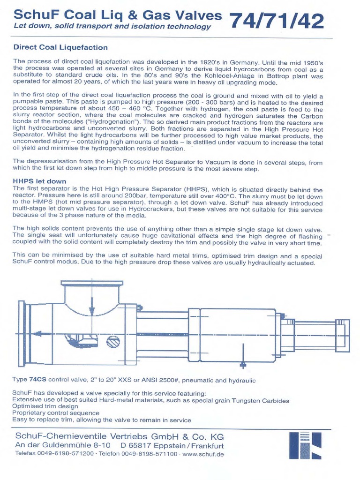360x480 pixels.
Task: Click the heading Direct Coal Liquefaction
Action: click(x=60, y=47)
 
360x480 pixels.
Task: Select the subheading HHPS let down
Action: click(x=39, y=181)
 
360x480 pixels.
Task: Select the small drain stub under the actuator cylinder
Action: click(x=242, y=364)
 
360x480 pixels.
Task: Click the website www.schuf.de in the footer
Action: click(x=203, y=454)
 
